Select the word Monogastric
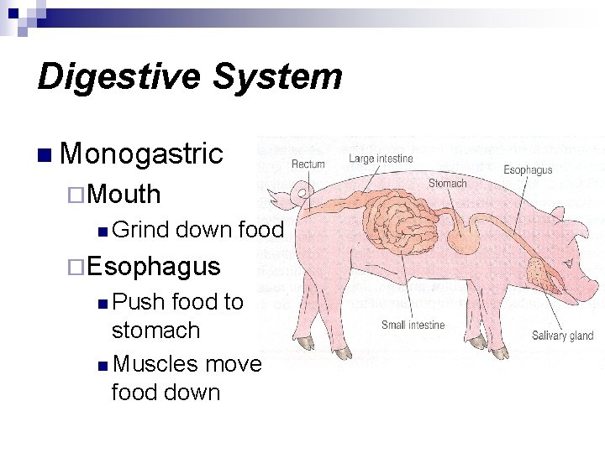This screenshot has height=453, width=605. (142, 154)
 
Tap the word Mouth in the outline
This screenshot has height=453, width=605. (123, 194)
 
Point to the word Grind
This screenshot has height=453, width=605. (139, 230)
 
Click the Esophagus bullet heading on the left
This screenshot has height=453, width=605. (153, 266)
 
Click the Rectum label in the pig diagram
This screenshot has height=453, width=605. (308, 164)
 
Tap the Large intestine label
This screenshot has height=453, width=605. (381, 159)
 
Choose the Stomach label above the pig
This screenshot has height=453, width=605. (447, 183)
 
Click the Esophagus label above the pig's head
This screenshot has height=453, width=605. (528, 170)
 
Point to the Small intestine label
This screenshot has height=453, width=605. (413, 325)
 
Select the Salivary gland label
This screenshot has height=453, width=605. (562, 336)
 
